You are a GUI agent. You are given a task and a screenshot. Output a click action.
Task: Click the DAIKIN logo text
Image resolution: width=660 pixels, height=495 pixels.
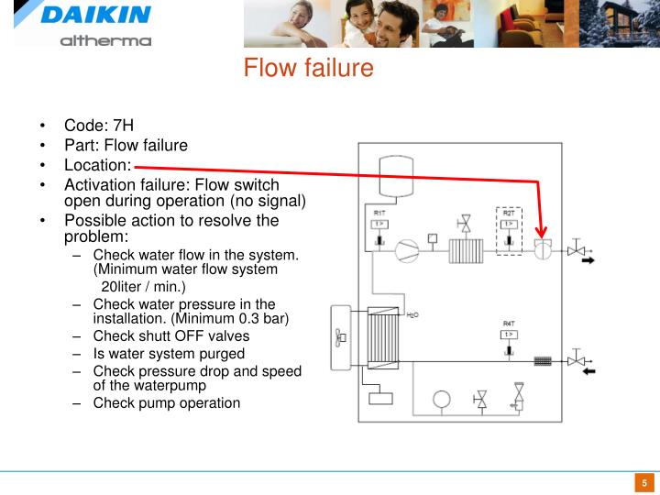coord(94,16)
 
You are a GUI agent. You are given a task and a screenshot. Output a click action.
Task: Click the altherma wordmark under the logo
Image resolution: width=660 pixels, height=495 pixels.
coord(105,40)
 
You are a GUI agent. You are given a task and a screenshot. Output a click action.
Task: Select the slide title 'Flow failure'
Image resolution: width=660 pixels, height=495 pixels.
coord(308,68)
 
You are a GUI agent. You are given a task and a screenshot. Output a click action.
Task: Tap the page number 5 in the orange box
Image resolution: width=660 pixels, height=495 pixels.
coord(644,483)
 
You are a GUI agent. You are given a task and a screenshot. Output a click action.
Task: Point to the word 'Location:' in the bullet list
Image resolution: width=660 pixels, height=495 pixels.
coord(97,165)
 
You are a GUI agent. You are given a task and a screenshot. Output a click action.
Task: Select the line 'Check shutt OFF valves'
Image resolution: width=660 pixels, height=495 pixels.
coord(170,335)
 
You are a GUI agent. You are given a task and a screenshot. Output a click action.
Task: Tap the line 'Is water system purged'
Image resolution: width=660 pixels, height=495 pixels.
coord(169,353)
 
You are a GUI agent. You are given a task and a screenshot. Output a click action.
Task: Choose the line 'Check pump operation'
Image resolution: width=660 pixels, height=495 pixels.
coord(166,402)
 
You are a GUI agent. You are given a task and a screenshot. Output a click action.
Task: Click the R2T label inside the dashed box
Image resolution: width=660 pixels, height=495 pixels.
coord(509,213)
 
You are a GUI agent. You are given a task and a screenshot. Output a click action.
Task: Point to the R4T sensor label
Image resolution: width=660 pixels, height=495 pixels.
coord(509,324)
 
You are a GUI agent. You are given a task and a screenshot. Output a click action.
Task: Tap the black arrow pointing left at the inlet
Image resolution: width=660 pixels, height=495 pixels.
coord(586,371)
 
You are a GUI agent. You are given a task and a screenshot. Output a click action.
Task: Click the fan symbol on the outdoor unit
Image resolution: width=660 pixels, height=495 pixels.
coord(340,335)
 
